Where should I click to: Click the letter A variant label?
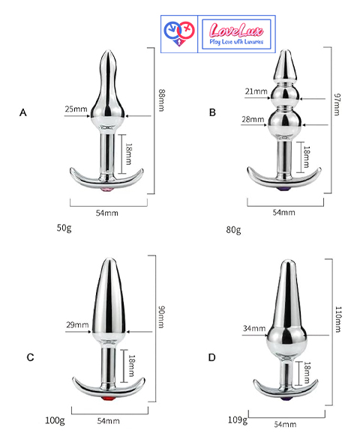click(23, 112)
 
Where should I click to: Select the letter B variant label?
click(212, 112)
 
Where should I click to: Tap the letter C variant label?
click(30, 357)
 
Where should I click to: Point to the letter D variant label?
click(212, 357)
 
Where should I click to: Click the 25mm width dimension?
click(76, 109)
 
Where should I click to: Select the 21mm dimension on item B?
click(256, 91)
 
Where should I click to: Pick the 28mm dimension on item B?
click(253, 119)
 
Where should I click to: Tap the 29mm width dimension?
click(77, 324)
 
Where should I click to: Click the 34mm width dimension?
click(254, 328)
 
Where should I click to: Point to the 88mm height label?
click(161, 100)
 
